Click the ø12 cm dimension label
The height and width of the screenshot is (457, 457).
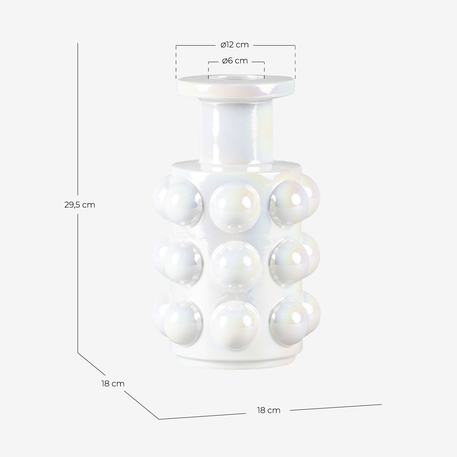click(x=235, y=45)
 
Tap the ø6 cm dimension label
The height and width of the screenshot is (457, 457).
click(x=235, y=61)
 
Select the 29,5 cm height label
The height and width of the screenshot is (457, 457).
click(x=80, y=205)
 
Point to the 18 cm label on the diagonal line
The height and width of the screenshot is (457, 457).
click(x=113, y=384)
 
